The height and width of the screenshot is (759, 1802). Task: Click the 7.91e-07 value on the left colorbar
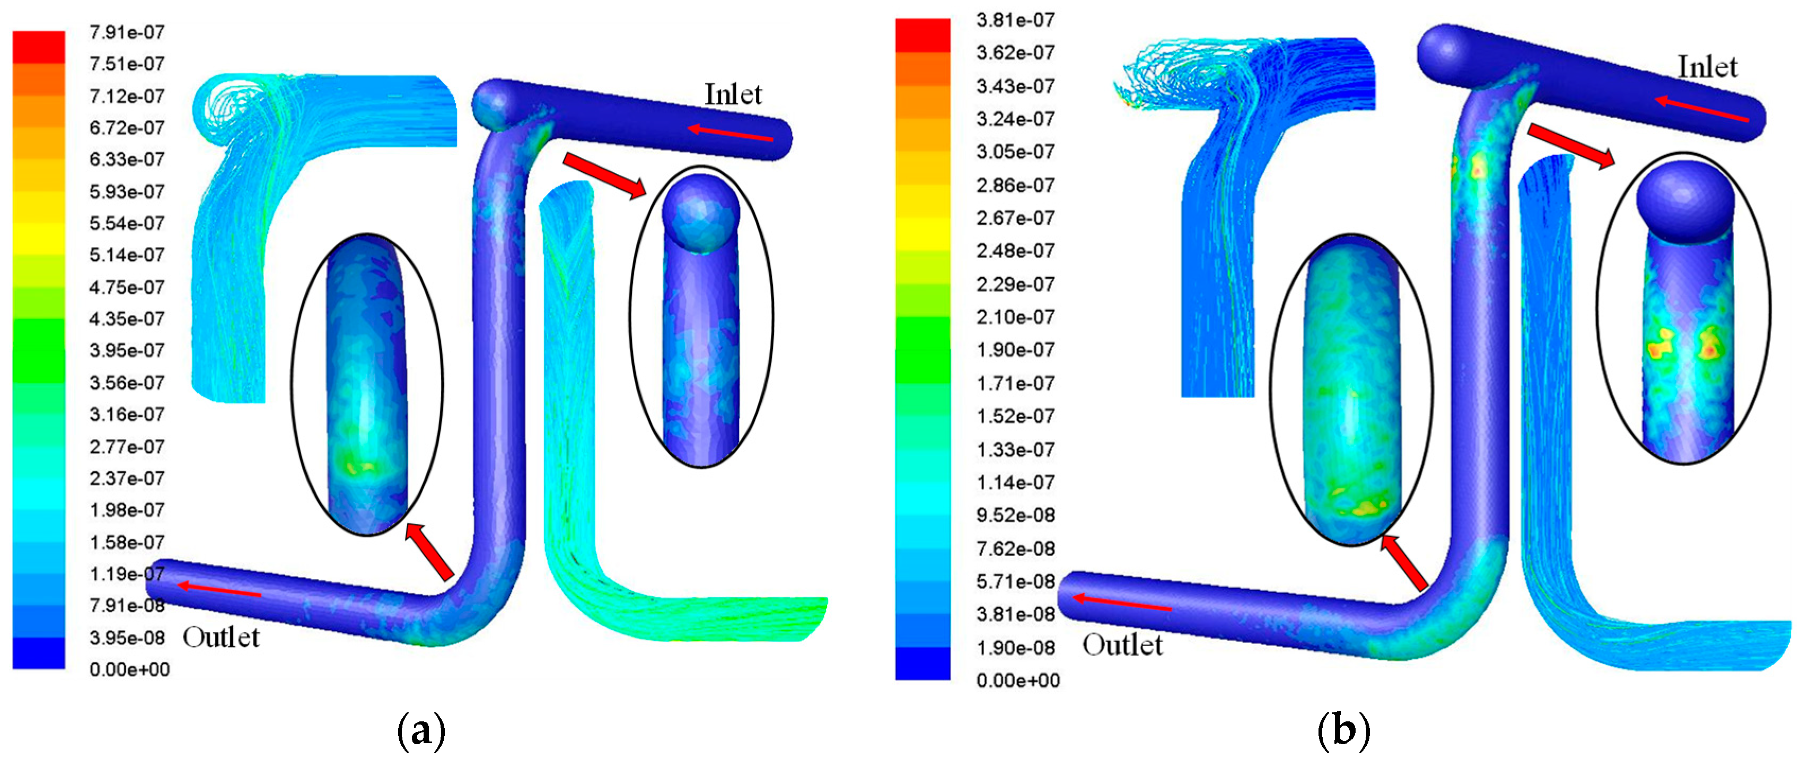tap(127, 32)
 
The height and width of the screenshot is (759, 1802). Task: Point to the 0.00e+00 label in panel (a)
tap(129, 669)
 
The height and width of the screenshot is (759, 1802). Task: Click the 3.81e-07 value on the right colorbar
tap(1015, 20)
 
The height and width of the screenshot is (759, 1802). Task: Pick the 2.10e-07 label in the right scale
tap(1015, 317)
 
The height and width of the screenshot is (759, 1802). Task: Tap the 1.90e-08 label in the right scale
tap(1015, 647)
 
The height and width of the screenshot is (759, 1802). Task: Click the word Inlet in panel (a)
tap(733, 94)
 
